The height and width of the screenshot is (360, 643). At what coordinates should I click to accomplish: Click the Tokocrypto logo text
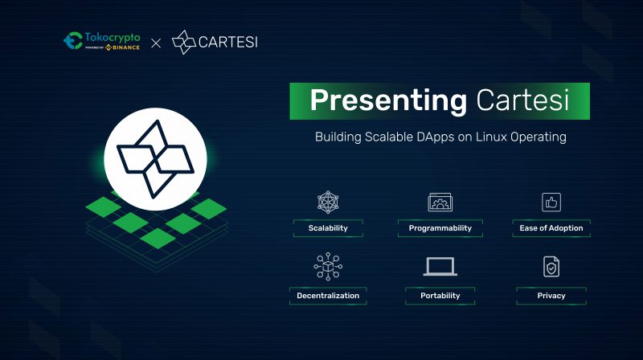(x=112, y=38)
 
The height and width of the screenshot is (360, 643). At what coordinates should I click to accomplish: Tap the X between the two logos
(x=156, y=42)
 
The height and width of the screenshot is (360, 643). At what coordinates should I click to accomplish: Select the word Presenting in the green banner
(x=387, y=100)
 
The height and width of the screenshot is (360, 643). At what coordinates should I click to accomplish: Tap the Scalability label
(x=328, y=228)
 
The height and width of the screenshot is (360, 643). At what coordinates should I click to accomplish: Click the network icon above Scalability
(x=328, y=202)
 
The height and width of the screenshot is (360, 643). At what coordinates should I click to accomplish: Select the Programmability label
(x=440, y=228)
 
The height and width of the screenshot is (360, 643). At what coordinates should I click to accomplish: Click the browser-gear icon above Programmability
(x=440, y=202)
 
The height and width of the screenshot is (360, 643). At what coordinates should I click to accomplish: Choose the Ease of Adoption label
(x=551, y=228)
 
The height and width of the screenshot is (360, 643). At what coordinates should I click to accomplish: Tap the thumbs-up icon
(x=551, y=202)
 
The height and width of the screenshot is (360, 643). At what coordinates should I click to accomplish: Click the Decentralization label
(x=328, y=296)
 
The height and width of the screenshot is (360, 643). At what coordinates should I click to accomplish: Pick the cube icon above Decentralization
(x=328, y=267)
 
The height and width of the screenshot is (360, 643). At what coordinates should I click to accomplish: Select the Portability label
(x=440, y=296)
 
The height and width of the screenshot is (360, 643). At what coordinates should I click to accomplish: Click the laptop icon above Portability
(x=440, y=267)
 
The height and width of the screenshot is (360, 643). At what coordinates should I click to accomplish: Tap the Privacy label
(x=551, y=296)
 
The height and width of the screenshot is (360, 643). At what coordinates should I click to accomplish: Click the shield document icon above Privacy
(x=551, y=267)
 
